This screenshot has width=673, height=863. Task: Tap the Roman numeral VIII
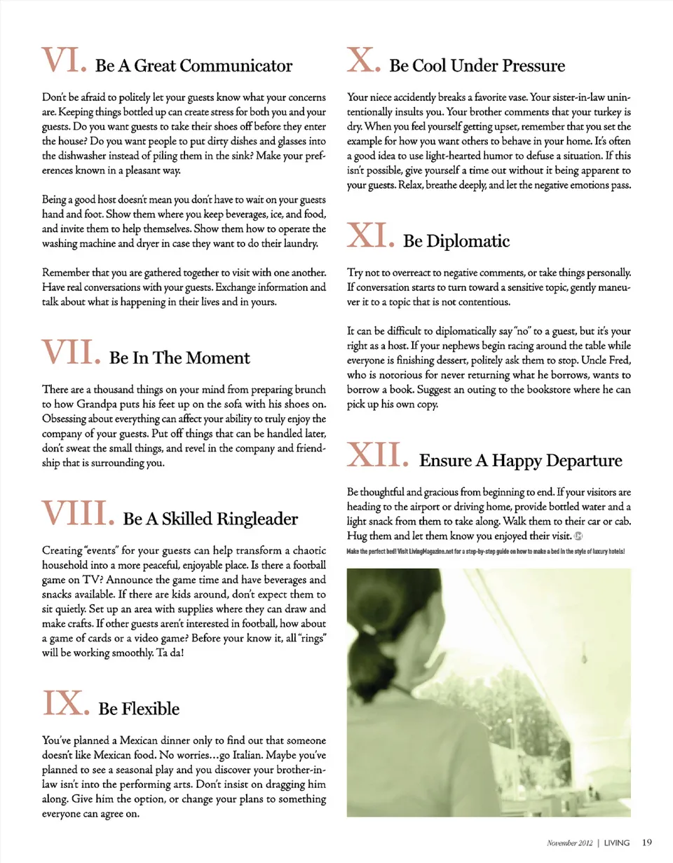point(75,512)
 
